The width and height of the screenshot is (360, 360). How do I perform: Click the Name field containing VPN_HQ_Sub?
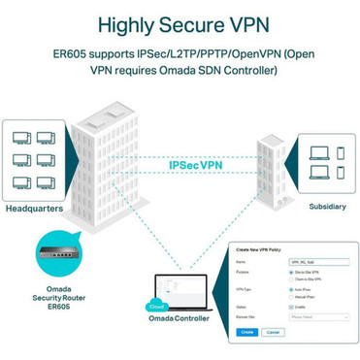[x=306, y=262]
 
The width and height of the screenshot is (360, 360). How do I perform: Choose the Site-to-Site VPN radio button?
[x=292, y=273]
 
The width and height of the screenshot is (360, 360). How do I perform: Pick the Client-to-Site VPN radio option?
[x=292, y=279]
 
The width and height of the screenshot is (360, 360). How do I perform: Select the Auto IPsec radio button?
[x=292, y=289]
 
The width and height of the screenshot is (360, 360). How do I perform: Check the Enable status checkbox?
[x=292, y=307]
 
